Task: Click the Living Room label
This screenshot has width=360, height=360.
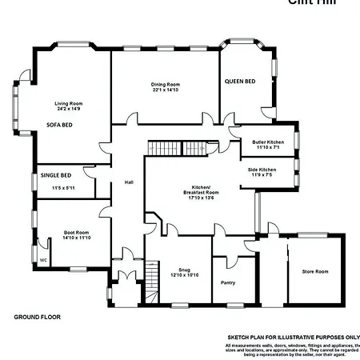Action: tap(69, 103)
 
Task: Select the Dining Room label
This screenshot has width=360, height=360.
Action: tap(165, 84)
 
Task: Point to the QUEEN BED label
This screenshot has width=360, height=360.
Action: tap(239, 82)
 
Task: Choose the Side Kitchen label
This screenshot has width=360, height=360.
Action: tap(262, 170)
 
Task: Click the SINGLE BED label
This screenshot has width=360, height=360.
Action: tap(55, 175)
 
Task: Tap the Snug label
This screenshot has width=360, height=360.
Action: tap(184, 270)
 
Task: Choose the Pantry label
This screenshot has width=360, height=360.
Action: tap(228, 282)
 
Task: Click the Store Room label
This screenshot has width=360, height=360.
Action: tap(314, 272)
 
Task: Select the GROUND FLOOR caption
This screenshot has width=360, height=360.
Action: tap(38, 317)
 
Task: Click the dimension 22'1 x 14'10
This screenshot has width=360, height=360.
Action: tap(165, 90)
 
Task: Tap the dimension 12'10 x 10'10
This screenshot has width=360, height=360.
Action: tap(184, 276)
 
